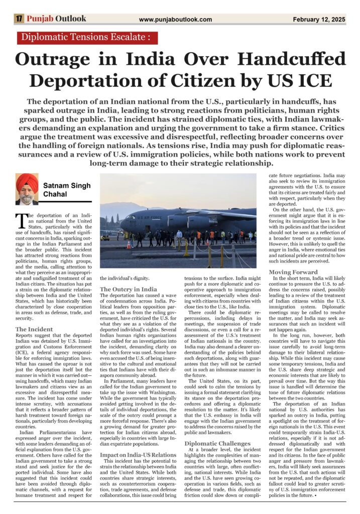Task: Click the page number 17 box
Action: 19,19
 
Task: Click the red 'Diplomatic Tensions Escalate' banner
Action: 87,38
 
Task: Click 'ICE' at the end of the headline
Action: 314,80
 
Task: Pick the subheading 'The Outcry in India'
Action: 129,289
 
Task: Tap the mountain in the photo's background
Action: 121,207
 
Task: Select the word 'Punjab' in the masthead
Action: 40,19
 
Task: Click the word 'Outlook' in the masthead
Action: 71,19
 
